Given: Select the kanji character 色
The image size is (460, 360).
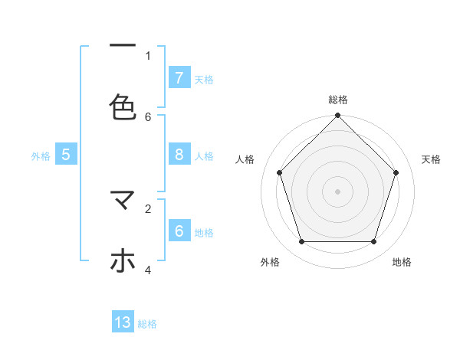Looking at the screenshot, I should click(123, 106).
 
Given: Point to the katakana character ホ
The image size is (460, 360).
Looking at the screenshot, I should click(123, 261).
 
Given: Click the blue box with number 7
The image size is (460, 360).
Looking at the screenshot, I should click(179, 77).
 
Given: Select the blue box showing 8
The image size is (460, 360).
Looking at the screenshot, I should click(179, 154).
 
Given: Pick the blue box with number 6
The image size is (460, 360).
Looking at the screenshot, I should click(179, 231).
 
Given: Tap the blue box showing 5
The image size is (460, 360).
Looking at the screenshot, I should click(66, 154).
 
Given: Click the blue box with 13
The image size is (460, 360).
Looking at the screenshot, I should click(123, 322).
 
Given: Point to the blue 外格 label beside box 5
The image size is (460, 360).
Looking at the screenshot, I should click(41, 155).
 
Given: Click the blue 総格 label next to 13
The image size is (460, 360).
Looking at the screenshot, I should click(147, 324).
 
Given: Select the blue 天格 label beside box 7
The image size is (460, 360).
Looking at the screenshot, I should click(204, 79).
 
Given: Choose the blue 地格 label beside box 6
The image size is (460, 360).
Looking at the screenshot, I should click(204, 232).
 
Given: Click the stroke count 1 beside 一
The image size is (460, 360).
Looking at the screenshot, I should click(148, 55).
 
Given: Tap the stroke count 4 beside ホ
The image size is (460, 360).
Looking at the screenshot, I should click(148, 270).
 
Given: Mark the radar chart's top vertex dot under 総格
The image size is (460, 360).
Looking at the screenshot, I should click(337, 116).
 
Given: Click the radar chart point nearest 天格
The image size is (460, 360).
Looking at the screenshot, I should click(396, 172).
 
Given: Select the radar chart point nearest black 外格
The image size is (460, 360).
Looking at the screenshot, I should click(301, 242).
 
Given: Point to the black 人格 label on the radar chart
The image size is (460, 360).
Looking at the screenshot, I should click(245, 159).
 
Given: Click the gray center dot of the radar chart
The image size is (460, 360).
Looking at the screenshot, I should click(337, 191).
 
